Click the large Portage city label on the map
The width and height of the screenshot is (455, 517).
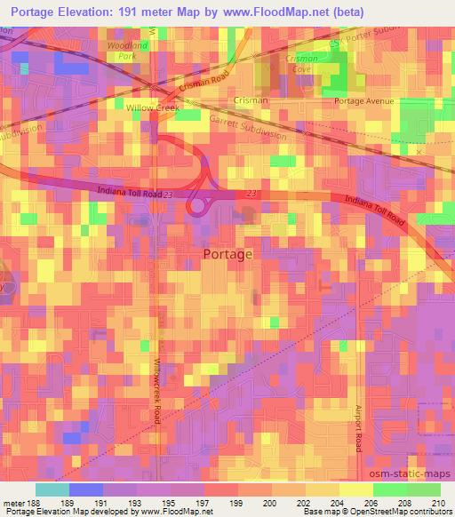(x=227, y=253)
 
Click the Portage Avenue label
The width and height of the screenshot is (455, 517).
(x=363, y=101)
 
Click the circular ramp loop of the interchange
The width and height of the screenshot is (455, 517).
(x=199, y=205)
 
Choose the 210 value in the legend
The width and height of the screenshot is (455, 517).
(x=436, y=502)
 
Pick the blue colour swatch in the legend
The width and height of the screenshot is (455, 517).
(x=85, y=489)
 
